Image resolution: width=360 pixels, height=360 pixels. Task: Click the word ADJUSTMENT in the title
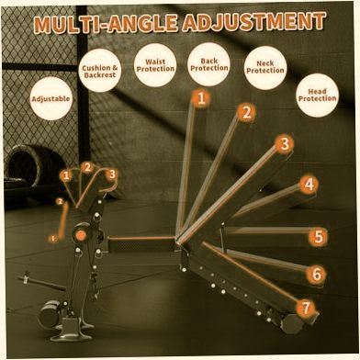253,22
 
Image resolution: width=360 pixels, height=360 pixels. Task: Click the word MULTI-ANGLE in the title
106,24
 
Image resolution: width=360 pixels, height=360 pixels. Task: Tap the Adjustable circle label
51,98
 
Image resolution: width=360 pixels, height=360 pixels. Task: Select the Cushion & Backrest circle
100,71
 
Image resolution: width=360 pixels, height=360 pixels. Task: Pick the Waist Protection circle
155,65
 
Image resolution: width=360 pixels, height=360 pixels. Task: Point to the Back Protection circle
209,64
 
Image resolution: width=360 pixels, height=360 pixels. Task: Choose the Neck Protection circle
265,67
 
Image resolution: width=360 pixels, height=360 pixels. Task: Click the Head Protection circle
318,95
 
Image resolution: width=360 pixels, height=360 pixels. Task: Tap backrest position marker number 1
200,98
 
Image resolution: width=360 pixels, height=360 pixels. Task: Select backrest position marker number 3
285,143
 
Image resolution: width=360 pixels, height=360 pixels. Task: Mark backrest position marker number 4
309,185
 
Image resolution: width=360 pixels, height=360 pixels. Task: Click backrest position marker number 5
319,237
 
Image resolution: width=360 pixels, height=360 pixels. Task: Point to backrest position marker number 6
317,275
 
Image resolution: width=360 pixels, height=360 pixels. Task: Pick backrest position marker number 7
306,308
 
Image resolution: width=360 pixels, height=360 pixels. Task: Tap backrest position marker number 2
246,113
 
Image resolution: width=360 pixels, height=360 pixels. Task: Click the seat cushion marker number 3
112,174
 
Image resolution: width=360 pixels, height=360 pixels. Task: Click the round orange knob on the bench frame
81,235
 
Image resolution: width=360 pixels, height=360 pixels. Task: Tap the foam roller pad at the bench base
50,314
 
